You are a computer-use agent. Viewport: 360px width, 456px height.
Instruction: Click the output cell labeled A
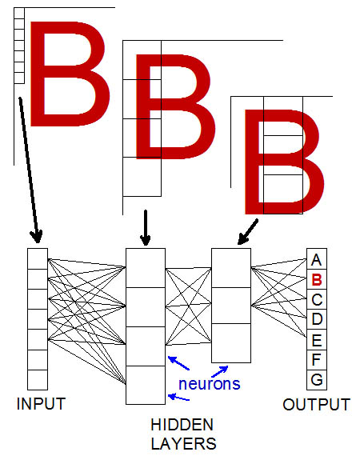[317, 258]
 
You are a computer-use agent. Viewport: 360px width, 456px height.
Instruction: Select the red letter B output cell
[317, 279]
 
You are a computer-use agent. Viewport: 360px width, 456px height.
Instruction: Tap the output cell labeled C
[317, 299]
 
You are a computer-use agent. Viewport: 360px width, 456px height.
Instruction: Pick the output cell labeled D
[317, 319]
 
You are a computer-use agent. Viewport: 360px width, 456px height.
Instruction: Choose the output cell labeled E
[317, 339]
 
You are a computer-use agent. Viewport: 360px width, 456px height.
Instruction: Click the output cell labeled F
[317, 360]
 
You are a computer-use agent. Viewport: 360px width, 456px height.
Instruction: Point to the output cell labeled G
[317, 380]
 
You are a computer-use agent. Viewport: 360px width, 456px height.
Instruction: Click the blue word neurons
[210, 384]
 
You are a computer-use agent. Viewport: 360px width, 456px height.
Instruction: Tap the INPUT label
[41, 404]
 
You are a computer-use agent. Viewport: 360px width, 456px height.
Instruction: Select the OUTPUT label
[316, 405]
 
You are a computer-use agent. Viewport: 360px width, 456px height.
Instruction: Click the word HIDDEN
[182, 425]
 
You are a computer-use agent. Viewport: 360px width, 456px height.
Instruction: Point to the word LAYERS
[183, 444]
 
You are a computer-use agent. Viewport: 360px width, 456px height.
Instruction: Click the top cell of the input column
[38, 258]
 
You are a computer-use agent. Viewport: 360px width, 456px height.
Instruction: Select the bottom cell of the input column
[38, 380]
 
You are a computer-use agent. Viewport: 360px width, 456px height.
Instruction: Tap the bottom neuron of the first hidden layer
[146, 385]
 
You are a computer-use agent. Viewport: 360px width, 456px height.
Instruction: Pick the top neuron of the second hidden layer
[231, 268]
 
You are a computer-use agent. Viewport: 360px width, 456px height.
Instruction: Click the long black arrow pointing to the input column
[29, 170]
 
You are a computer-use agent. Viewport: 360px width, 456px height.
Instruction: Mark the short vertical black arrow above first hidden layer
[146, 228]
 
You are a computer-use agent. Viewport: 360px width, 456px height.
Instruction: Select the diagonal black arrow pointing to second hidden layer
[248, 232]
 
